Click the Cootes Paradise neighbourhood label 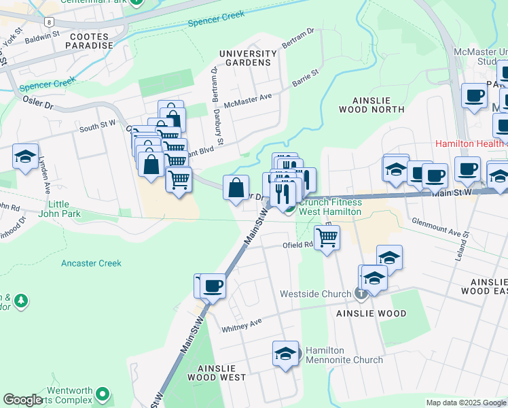click(88, 39)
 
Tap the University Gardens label click(248, 58)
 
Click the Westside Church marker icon click(361, 294)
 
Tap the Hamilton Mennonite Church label click(344, 355)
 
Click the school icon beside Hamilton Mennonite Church click(286, 354)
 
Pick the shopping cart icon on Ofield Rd click(327, 238)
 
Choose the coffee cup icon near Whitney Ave click(213, 286)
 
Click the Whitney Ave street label click(242, 325)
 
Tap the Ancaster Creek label click(91, 263)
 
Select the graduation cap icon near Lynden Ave click(25, 156)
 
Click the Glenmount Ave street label click(439, 228)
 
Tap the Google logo click(22, 400)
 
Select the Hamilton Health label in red click(469, 143)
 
